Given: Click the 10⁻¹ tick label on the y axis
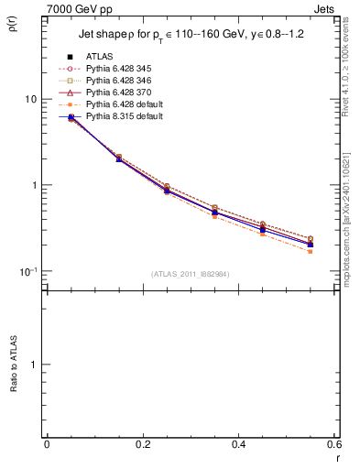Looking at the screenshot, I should pos(28,271).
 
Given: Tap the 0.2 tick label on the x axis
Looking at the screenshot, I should pos(142,444).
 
